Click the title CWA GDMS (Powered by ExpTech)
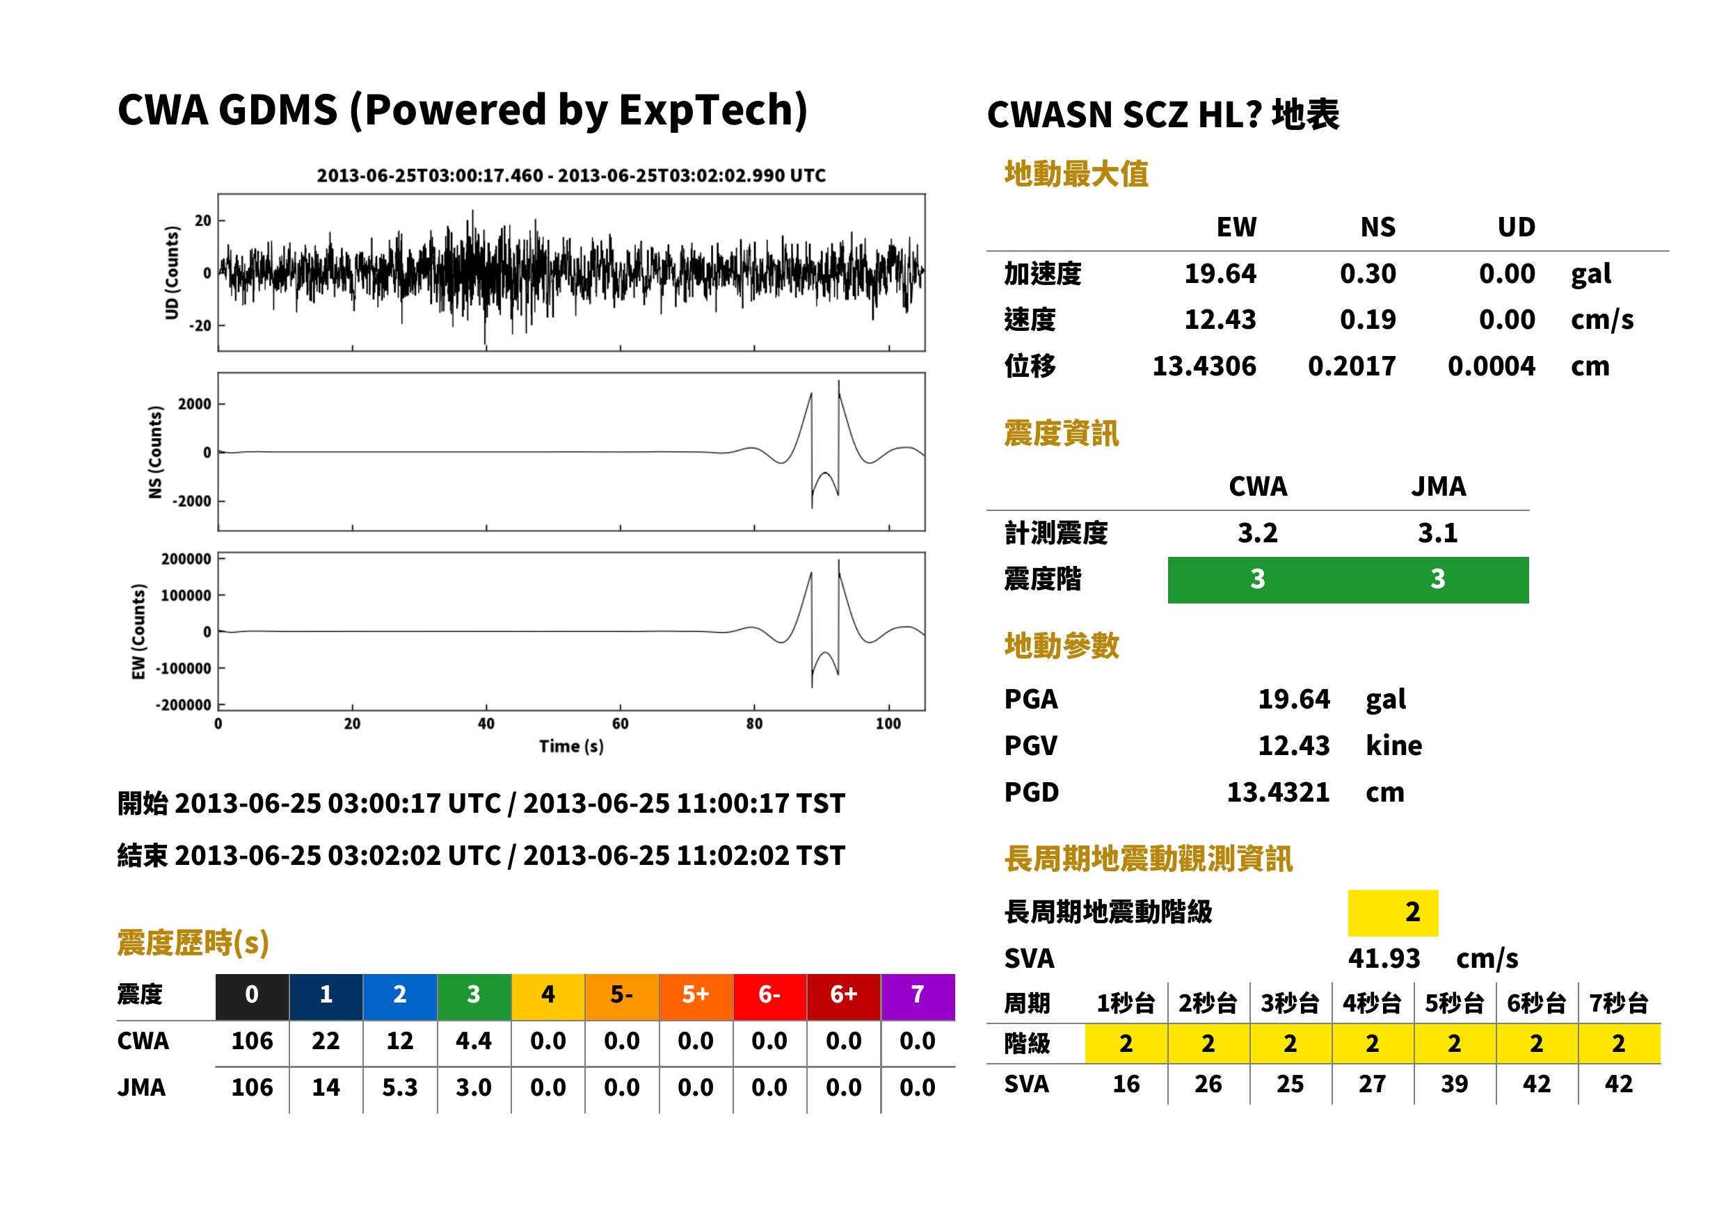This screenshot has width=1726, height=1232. (x=462, y=111)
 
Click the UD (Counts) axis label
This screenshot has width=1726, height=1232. (x=173, y=273)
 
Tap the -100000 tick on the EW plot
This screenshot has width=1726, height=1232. (x=184, y=668)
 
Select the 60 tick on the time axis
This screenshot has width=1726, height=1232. (x=620, y=724)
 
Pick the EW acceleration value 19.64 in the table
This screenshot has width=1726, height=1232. (x=1220, y=274)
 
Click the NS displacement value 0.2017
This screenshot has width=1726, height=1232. (x=1351, y=366)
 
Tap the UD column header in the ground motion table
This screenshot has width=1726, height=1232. (x=1516, y=227)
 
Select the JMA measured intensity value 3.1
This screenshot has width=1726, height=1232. (x=1437, y=533)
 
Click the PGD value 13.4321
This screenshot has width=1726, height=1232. (x=1278, y=793)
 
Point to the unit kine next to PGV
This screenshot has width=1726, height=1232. (x=1393, y=746)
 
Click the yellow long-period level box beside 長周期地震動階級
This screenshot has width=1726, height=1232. (x=1393, y=913)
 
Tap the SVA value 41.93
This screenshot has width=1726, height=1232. (x=1384, y=959)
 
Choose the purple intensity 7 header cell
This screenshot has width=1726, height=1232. (x=918, y=996)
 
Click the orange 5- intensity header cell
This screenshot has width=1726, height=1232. (x=622, y=996)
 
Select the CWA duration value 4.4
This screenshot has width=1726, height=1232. (x=474, y=1041)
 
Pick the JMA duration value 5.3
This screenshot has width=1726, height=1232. (x=400, y=1088)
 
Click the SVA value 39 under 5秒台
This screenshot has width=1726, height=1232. (x=1454, y=1084)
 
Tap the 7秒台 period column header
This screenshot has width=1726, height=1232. (x=1619, y=1004)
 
